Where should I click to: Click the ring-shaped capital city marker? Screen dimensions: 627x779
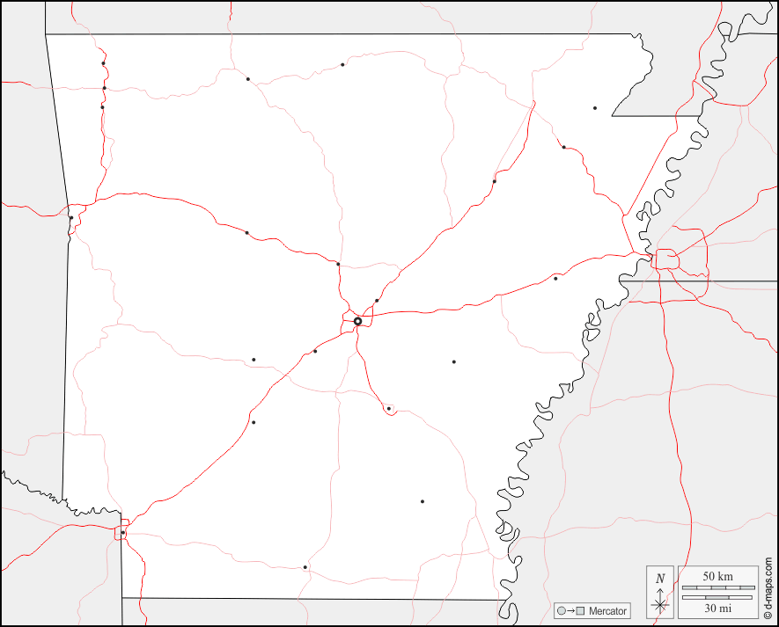tap(358, 321)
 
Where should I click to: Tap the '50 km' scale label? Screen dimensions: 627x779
tap(717, 576)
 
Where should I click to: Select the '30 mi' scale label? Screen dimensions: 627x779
tap(717, 608)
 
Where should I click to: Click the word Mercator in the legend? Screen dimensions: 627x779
tap(607, 611)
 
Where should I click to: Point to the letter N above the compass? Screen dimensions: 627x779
tap(660, 578)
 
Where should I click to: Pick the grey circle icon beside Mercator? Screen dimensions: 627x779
tap(561, 611)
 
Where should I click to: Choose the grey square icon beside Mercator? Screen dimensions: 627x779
tap(580, 611)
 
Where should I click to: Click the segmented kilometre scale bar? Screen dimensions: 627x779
tap(717, 587)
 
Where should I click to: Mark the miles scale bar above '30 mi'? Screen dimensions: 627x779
tap(717, 597)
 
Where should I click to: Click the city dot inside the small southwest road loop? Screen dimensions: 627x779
tap(123, 532)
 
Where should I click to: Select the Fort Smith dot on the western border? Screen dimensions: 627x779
tap(71, 217)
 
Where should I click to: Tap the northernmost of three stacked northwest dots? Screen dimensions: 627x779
tap(103, 63)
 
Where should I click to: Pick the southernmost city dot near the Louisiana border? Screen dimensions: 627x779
tap(305, 567)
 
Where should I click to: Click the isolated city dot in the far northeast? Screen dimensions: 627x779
tap(595, 108)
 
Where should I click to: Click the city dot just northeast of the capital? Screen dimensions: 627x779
tap(377, 301)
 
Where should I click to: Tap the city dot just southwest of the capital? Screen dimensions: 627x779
tap(315, 351)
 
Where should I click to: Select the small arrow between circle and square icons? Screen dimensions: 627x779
tap(570, 611)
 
